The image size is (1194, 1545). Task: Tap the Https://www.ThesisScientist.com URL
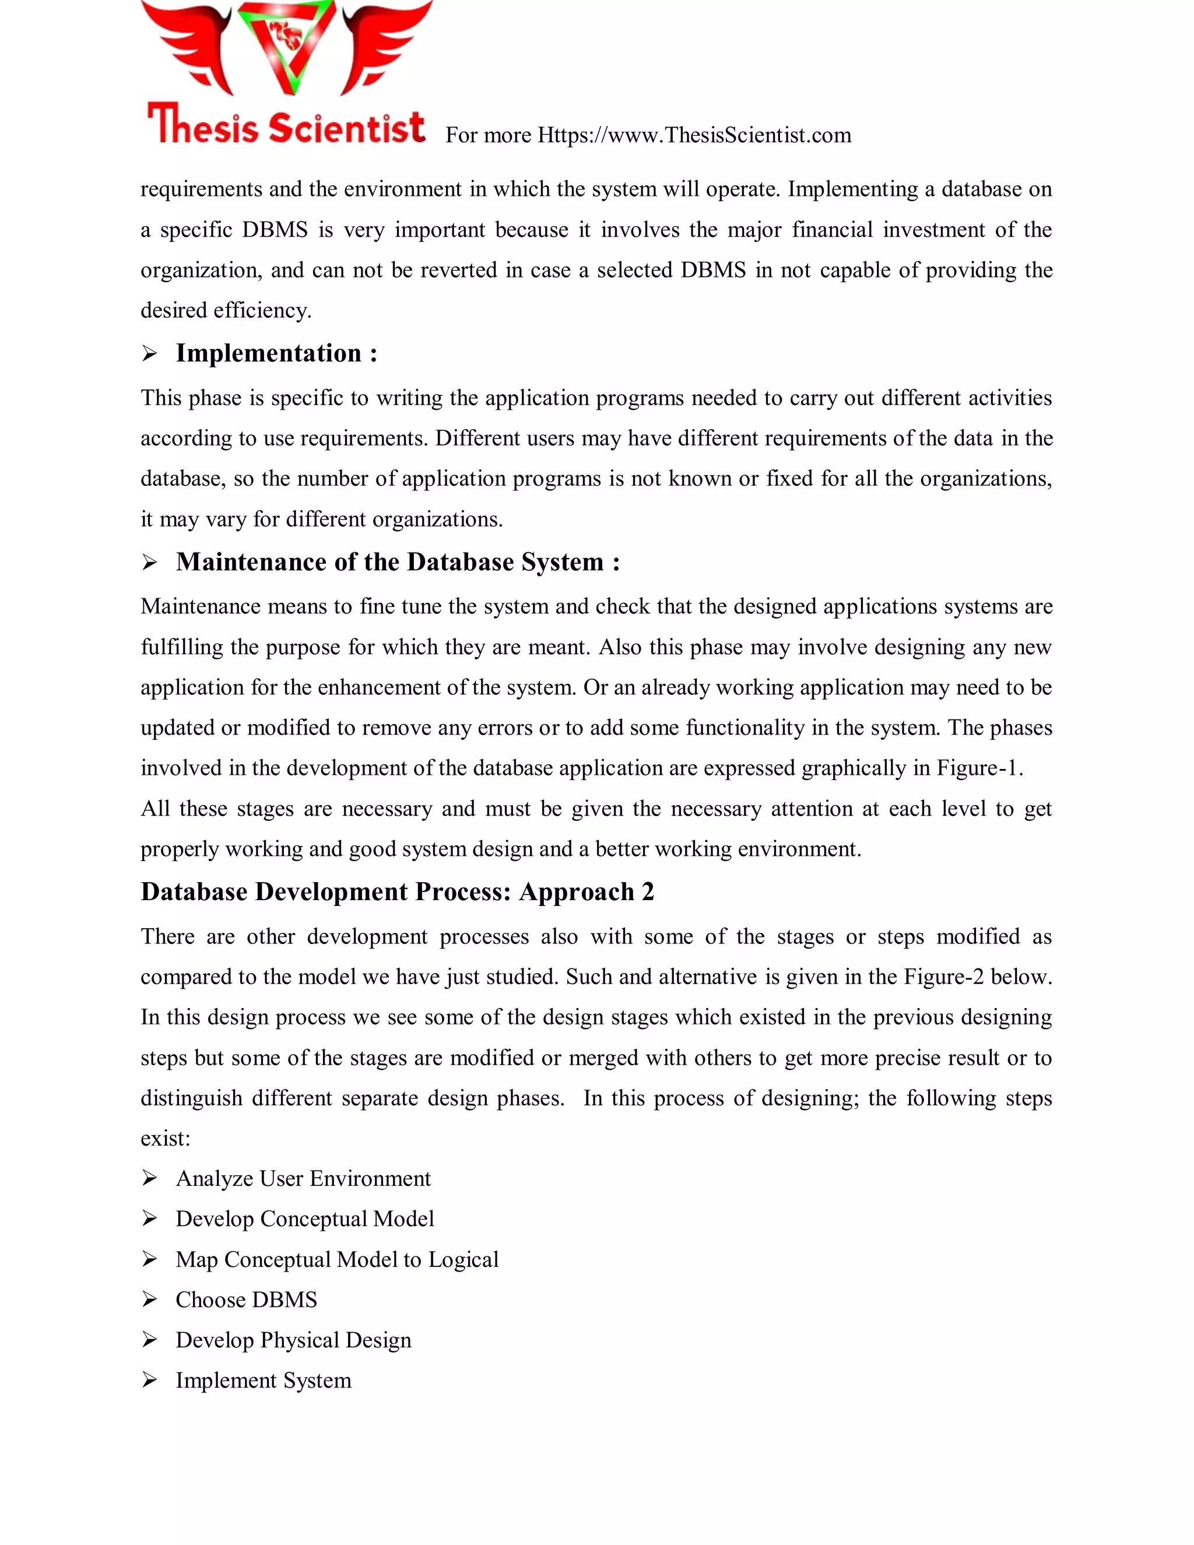pyautogui.click(x=694, y=135)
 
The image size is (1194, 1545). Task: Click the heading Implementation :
pyautogui.click(x=276, y=353)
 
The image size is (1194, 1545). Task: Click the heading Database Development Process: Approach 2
pyautogui.click(x=397, y=891)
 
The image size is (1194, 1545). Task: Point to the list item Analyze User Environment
pyautogui.click(x=303, y=1178)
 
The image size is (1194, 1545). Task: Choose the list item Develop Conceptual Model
pyautogui.click(x=305, y=1219)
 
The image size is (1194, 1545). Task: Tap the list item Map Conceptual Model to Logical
pyautogui.click(x=337, y=1259)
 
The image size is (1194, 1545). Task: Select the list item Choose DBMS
pyautogui.click(x=246, y=1300)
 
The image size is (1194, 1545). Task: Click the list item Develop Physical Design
pyautogui.click(x=293, y=1340)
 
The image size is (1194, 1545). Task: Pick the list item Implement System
pyautogui.click(x=263, y=1380)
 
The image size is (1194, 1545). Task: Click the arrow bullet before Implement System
pyautogui.click(x=149, y=1380)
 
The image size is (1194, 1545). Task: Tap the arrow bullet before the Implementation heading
pyautogui.click(x=149, y=354)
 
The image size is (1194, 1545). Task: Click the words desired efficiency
pyautogui.click(x=226, y=311)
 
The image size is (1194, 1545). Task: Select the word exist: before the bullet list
pyautogui.click(x=166, y=1138)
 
